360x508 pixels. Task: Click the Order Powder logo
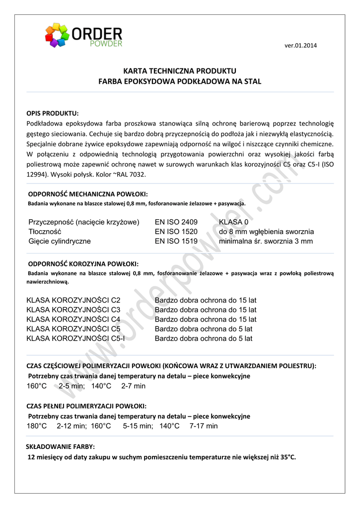click(x=83, y=36)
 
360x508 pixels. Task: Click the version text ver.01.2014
click(x=300, y=46)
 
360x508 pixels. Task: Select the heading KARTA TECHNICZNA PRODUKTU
click(x=180, y=71)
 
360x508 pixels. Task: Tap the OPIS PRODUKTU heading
click(x=53, y=113)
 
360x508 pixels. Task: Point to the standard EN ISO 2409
click(x=176, y=222)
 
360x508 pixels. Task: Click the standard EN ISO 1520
click(x=176, y=232)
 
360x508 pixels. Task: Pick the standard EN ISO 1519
click(x=176, y=242)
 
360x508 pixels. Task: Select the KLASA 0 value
click(x=233, y=222)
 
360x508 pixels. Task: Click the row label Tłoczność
click(x=45, y=232)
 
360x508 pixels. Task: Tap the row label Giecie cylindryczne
click(x=60, y=242)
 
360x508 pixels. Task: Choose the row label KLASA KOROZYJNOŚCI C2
click(x=73, y=300)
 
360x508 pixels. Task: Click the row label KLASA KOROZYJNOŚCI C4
click(x=73, y=319)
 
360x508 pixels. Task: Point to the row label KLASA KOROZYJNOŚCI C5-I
click(x=75, y=339)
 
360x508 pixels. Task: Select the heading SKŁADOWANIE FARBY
click(x=61, y=446)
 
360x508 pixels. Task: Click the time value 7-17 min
click(x=204, y=426)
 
